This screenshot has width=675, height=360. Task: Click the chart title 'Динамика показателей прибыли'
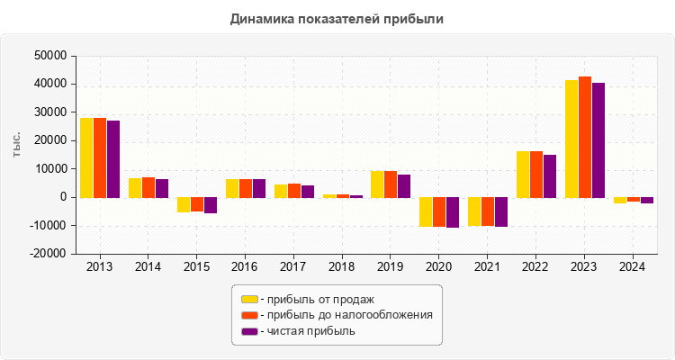click(x=337, y=18)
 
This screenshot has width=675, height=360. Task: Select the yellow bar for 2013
click(x=86, y=157)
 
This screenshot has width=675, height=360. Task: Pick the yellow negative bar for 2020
click(x=426, y=211)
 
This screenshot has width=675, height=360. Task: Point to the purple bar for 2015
click(x=210, y=205)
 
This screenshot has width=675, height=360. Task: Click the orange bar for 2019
click(x=391, y=184)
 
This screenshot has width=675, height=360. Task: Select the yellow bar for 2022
click(x=523, y=174)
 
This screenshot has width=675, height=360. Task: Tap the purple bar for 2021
click(x=501, y=211)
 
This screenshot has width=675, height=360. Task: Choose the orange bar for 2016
click(x=246, y=188)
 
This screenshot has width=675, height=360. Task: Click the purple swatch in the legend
click(x=249, y=331)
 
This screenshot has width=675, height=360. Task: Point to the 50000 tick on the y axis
click(x=52, y=56)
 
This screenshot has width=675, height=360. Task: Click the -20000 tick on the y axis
click(x=50, y=254)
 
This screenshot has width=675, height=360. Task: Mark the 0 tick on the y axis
click(x=63, y=197)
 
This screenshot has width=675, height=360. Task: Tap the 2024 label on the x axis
click(x=634, y=266)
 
